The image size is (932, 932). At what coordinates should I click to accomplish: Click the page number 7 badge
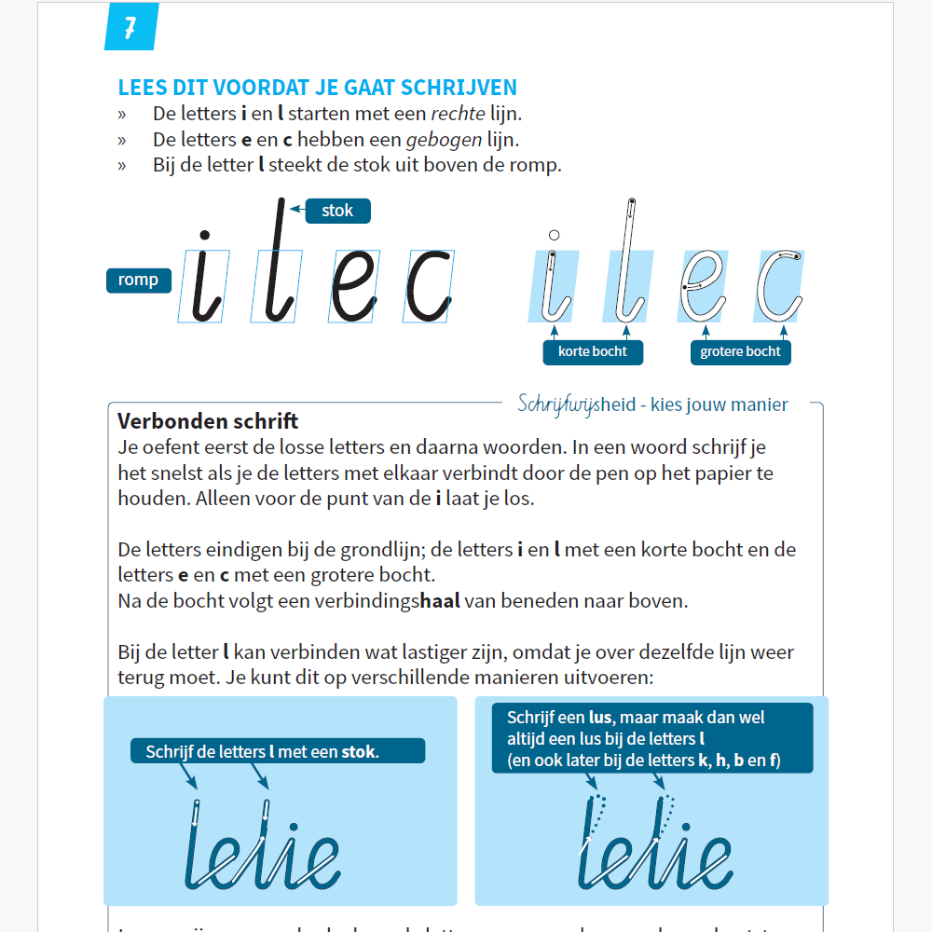[x=130, y=26]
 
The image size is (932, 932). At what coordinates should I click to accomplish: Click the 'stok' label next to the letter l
[x=337, y=211]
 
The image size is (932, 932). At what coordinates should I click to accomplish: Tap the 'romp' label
[x=138, y=280]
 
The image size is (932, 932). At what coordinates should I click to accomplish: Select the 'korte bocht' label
[x=593, y=351]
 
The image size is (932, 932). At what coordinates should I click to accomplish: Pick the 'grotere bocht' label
[x=741, y=351]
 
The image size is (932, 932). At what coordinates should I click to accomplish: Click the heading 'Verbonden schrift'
[x=208, y=421]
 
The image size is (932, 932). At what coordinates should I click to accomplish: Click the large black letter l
[x=277, y=261]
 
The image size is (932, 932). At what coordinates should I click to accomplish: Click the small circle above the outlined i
[x=555, y=236]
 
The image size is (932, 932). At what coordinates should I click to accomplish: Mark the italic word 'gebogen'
[x=449, y=140]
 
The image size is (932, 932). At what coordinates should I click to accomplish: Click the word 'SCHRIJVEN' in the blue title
[x=461, y=89]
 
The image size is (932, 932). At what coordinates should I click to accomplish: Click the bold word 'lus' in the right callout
[x=601, y=718]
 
